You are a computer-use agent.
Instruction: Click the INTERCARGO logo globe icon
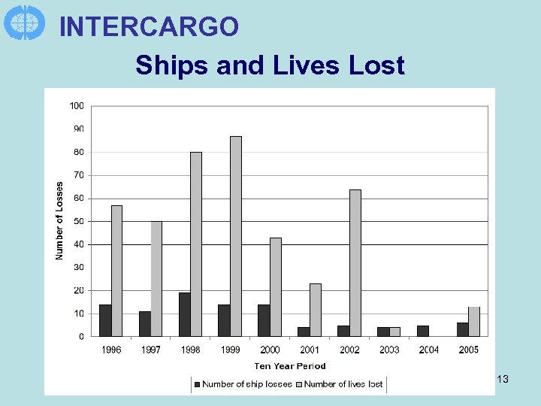25,22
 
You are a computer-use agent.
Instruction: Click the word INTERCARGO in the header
149,27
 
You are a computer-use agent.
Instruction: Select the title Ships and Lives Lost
270,65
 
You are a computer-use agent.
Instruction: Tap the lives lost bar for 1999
236,236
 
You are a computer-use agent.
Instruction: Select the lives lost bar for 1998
196,244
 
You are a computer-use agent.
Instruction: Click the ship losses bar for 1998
184,314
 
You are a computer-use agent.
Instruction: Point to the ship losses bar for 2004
423,331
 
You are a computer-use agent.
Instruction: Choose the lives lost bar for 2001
316,310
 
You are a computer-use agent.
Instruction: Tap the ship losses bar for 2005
463,329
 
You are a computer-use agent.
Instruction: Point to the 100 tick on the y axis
77,106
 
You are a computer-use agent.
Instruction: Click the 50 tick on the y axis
78,221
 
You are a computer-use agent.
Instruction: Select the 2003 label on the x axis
389,350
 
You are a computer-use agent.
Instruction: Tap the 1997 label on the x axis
151,350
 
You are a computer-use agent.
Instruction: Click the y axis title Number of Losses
60,220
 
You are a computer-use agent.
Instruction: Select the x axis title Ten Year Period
290,366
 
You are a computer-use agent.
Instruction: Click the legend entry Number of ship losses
243,384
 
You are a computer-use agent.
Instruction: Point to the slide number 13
503,380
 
